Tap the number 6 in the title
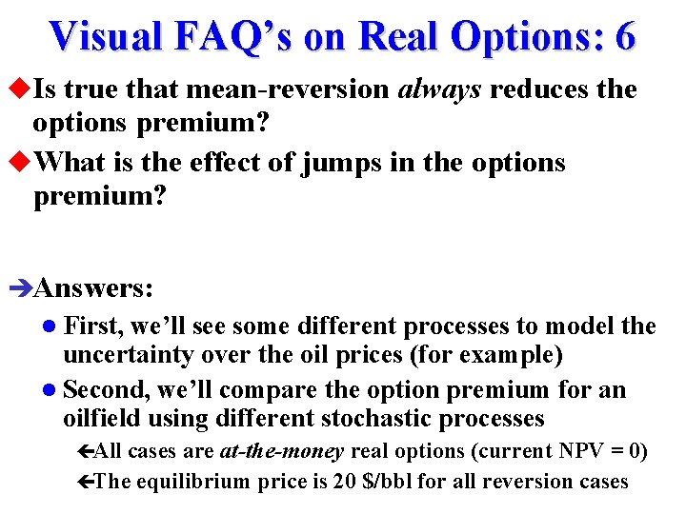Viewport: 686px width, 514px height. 625,35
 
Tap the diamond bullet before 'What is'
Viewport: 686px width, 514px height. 22,163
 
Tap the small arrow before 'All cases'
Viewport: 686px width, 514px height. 83,451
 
